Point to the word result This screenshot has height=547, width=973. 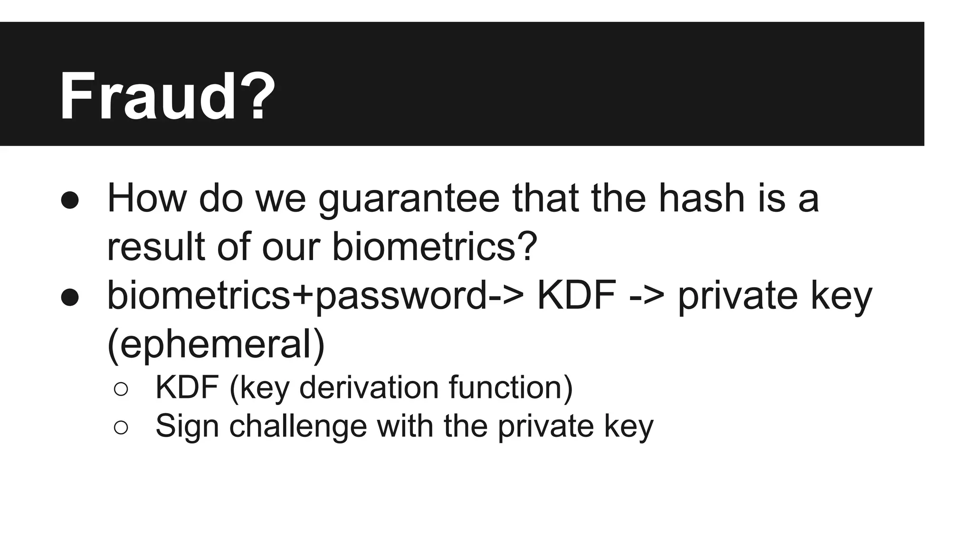tap(156, 246)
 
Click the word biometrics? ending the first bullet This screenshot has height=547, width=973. tap(434, 246)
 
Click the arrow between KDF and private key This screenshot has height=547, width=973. tap(647, 296)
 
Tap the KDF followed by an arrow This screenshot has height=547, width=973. tap(576, 295)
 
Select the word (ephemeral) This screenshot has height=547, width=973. tap(216, 344)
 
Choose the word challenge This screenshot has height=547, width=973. tap(298, 426)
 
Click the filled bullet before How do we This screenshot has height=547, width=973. tap(70, 200)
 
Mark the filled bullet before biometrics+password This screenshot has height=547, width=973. tap(70, 297)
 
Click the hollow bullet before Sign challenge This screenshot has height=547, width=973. tap(121, 427)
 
